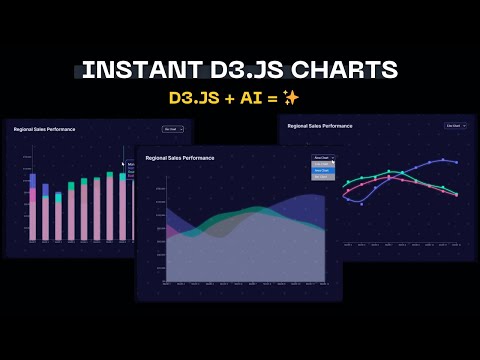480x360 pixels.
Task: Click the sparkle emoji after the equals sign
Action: (291, 97)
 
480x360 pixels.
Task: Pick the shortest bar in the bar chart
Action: (46, 213)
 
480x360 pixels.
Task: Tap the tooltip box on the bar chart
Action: (130, 166)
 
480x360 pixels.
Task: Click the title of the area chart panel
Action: (179, 158)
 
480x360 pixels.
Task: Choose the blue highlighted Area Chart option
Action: (321, 170)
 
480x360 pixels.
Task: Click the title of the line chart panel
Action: (320, 126)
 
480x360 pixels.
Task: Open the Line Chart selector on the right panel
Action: (454, 126)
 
